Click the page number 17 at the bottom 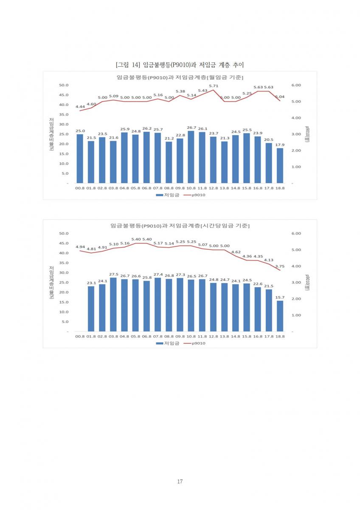tap(180, 482)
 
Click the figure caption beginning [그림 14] tap(180, 65)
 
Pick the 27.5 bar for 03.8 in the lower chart tap(113, 304)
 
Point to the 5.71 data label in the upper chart tap(214, 86)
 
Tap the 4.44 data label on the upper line tap(80, 107)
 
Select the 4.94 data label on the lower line tap(80, 247)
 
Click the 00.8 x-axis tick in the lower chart tap(80, 336)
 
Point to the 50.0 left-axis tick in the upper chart tap(64, 85)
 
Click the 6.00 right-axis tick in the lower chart tap(296, 233)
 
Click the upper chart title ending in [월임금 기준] tap(180, 77)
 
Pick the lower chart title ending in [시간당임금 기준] tap(180, 225)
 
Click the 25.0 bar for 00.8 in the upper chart tap(80, 159)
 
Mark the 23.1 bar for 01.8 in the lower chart tap(91, 309)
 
